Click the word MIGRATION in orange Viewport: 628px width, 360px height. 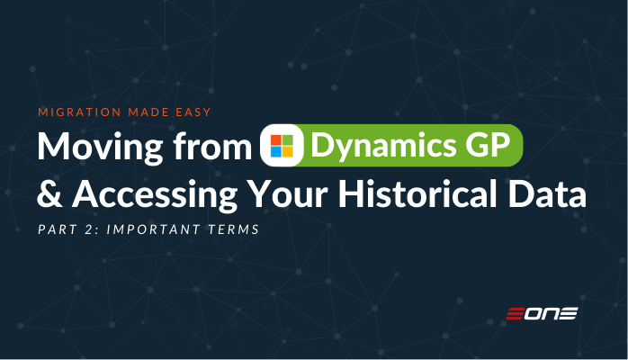[79, 112]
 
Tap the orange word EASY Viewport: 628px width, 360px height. [193, 112]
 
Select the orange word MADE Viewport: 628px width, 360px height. [148, 112]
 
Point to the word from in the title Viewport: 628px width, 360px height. [212, 147]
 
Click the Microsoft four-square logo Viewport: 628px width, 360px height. [282, 146]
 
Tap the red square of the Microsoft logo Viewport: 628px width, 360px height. [276, 140]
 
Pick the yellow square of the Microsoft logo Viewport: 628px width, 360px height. [288, 152]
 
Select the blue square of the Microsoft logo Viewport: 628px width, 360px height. [276, 152]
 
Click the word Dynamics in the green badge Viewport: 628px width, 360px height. [383, 146]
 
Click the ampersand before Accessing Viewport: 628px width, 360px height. [50, 194]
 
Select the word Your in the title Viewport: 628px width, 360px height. [287, 194]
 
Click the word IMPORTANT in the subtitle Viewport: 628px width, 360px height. [154, 229]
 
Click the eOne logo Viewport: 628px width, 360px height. [542, 313]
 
